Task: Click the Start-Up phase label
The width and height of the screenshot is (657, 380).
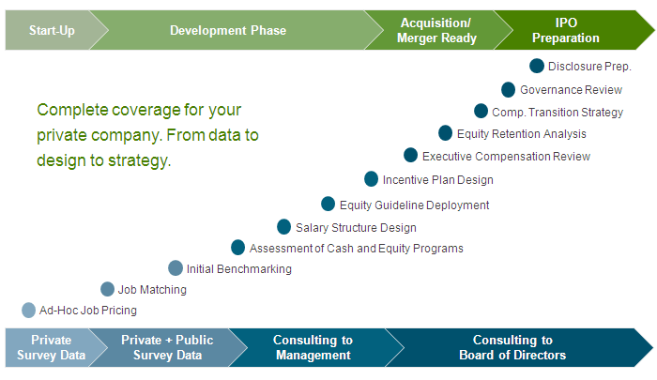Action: (x=52, y=31)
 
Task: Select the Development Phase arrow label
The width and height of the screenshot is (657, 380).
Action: (x=228, y=30)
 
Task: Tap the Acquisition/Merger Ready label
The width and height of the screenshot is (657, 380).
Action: (x=436, y=30)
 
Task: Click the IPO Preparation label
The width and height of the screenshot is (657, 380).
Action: (x=566, y=30)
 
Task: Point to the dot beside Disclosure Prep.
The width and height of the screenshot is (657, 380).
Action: (x=537, y=66)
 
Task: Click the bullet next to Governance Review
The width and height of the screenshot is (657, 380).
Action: (x=509, y=90)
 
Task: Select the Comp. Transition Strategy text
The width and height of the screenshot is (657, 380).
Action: (x=558, y=113)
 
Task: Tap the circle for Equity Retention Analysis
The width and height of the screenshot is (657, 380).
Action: (x=446, y=133)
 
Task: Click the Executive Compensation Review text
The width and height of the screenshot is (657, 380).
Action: (x=506, y=157)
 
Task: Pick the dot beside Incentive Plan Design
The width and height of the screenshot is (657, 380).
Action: (x=372, y=179)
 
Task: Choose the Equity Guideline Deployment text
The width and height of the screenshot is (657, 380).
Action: (x=415, y=205)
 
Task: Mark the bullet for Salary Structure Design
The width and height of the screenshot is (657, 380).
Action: (x=284, y=227)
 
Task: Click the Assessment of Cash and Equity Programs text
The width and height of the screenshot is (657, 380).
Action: (x=357, y=249)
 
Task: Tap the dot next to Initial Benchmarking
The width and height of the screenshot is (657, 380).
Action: (x=176, y=268)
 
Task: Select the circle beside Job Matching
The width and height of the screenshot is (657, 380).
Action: (x=108, y=289)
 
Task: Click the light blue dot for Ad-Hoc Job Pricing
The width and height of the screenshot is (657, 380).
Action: (x=28, y=311)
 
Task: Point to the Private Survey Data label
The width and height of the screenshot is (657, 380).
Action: (x=51, y=347)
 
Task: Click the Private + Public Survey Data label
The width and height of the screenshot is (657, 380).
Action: (x=167, y=347)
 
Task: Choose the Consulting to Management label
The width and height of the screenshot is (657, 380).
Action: (x=313, y=347)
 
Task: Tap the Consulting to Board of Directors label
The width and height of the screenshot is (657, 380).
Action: (x=512, y=347)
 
